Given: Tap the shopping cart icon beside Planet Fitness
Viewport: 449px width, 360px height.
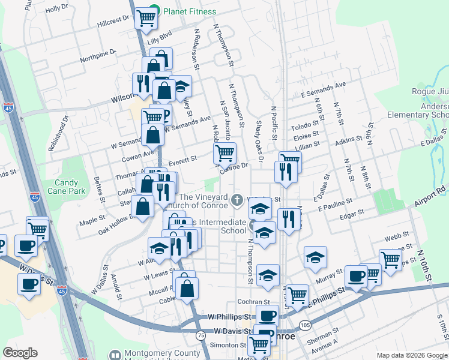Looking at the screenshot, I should click(x=145, y=19).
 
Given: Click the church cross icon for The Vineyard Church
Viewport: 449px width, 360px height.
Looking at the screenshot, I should click(x=238, y=199).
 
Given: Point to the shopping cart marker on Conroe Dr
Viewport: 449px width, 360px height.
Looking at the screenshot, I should click(x=224, y=153).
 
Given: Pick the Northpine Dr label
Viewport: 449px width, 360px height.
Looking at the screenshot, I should click(x=98, y=55).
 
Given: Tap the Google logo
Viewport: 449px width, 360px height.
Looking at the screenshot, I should click(x=20, y=353).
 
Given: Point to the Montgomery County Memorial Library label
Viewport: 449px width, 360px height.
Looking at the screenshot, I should click(x=162, y=355).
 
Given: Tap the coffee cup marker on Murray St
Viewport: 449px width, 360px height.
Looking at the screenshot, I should click(x=356, y=277).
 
